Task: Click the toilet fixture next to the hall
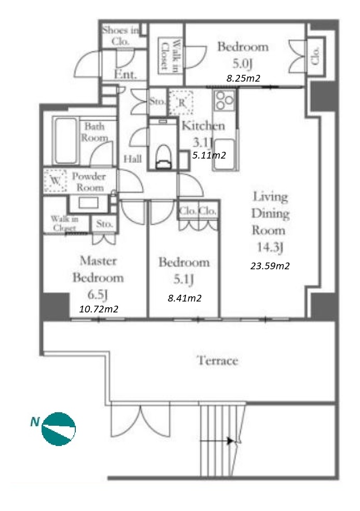(x=164, y=156)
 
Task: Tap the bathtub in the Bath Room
(x=66, y=140)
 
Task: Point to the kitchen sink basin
(x=224, y=153)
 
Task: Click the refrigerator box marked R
(x=181, y=102)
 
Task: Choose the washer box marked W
(x=56, y=180)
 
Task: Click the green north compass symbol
(x=59, y=429)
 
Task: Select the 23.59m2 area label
(x=270, y=266)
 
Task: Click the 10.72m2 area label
(x=98, y=309)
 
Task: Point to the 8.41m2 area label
(x=184, y=298)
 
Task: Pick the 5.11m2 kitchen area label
(x=209, y=155)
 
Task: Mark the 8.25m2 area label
(x=243, y=78)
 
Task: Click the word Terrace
(x=217, y=360)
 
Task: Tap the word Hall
(x=132, y=159)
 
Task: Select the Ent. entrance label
(x=125, y=75)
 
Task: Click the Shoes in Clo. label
(x=120, y=36)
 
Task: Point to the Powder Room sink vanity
(x=89, y=203)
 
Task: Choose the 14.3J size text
(x=270, y=247)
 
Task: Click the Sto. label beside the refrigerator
(x=157, y=101)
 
